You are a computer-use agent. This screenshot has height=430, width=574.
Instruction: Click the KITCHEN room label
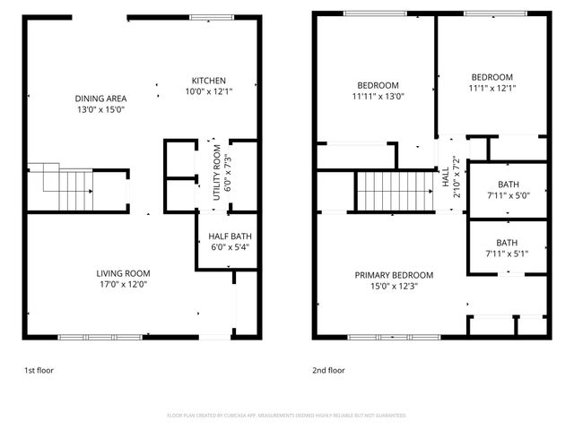(208, 80)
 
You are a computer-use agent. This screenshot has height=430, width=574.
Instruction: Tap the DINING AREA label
(100, 98)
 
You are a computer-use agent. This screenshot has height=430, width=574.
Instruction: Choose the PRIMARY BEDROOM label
(394, 275)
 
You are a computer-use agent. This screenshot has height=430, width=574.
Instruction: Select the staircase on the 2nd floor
(393, 190)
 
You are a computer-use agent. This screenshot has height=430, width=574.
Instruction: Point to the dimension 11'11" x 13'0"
(378, 96)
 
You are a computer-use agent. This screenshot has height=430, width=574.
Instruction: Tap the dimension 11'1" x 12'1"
(491, 88)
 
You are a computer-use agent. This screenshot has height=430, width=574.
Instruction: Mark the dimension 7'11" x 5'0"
(508, 195)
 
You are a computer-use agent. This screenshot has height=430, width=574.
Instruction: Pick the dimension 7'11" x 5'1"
(508, 253)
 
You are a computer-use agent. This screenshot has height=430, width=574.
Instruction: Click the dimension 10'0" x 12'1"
(208, 90)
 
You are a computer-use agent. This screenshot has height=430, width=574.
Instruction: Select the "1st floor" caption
(39, 369)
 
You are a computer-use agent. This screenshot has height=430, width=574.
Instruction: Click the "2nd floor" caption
(328, 369)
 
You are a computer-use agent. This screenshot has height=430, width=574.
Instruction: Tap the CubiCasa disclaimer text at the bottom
(287, 416)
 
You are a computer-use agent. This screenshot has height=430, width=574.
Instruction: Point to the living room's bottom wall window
(99, 337)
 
